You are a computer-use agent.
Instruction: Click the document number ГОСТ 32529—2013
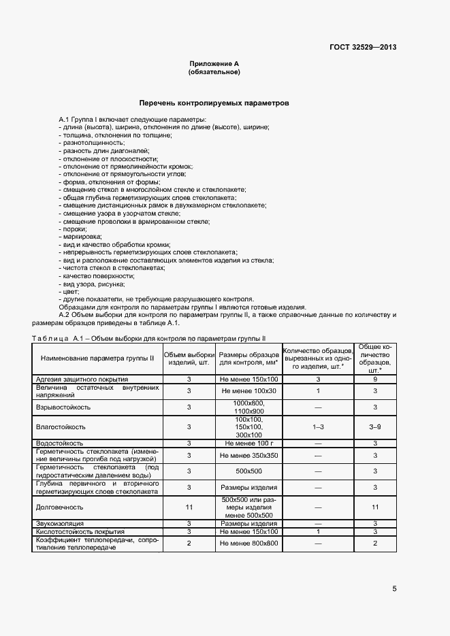[x=363, y=47]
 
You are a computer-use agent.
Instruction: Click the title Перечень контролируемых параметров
[x=214, y=103]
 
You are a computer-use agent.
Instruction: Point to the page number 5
[x=394, y=589]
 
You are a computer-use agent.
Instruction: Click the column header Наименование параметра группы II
[x=97, y=358]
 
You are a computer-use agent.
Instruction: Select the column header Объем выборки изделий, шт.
[x=190, y=358]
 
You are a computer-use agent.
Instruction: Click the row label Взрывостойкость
[x=63, y=407]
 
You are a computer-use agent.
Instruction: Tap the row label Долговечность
[x=59, y=507]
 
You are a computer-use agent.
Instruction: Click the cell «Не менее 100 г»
[x=248, y=443]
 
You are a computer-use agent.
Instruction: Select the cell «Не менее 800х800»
[x=248, y=543]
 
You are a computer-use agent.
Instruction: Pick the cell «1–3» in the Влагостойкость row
[x=318, y=426]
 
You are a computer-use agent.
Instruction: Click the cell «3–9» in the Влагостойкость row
[x=374, y=426]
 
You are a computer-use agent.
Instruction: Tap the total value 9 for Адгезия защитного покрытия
[x=374, y=379]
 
